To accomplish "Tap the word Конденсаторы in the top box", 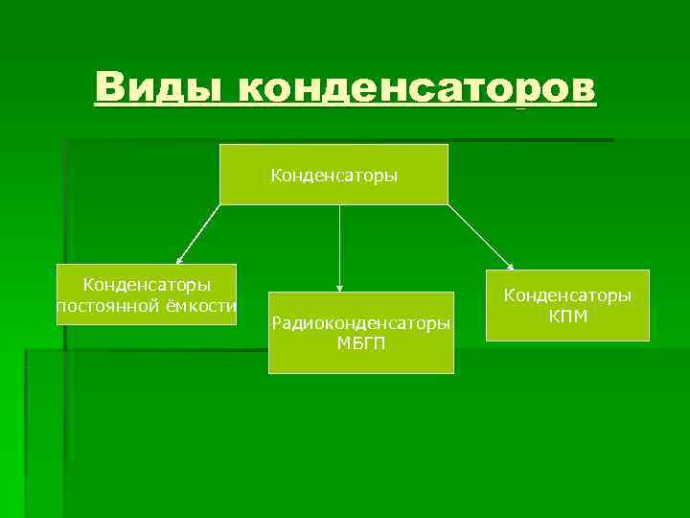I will (333, 176).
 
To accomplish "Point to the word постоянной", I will (103, 306).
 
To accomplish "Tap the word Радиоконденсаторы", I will (360, 323).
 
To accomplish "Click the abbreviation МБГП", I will (360, 343).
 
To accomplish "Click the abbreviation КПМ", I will (567, 316).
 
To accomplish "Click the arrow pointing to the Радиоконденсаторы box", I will (339, 245).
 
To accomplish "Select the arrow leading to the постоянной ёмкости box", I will (199, 233).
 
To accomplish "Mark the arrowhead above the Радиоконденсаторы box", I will (339, 287).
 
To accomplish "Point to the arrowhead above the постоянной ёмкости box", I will (179, 260).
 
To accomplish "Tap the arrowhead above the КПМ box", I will (511, 267).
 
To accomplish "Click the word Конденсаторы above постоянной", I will (147, 285).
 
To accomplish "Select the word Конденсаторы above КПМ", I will (567, 295).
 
